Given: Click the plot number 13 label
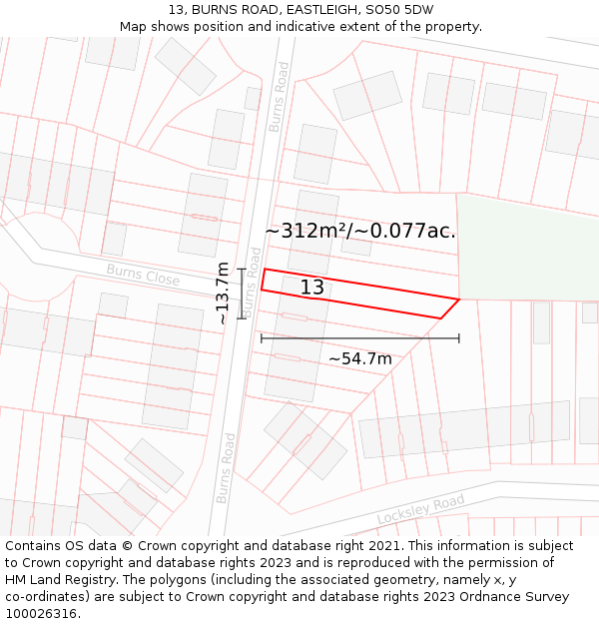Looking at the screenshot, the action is pyautogui.click(x=312, y=288).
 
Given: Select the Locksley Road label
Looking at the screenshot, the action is pyautogui.click(x=420, y=509).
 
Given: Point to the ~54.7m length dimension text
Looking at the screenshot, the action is pyautogui.click(x=360, y=358).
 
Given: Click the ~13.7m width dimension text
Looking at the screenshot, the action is pyautogui.click(x=223, y=294).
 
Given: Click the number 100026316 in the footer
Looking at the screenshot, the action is pyautogui.click(x=42, y=613).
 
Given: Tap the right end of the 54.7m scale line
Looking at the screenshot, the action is pyautogui.click(x=459, y=338).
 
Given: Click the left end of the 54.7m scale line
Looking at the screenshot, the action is pyautogui.click(x=262, y=338).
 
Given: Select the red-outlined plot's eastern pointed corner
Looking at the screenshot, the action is pyautogui.click(x=459, y=299).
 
